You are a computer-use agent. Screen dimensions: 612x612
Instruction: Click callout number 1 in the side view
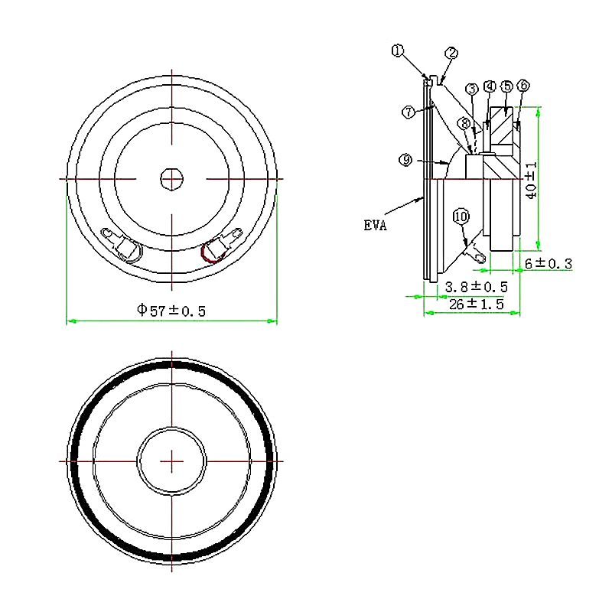click(x=397, y=51)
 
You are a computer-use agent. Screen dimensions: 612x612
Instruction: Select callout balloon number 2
click(x=451, y=53)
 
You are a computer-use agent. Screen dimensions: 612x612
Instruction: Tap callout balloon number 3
click(x=472, y=90)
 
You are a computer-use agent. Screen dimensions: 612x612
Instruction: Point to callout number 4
click(x=490, y=86)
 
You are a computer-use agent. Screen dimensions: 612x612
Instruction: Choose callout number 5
click(x=506, y=86)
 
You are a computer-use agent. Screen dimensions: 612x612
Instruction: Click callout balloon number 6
click(x=523, y=86)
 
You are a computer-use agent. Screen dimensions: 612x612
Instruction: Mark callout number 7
click(x=409, y=112)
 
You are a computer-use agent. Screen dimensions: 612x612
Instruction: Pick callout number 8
click(x=464, y=123)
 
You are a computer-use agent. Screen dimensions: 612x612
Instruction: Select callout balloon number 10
click(x=461, y=216)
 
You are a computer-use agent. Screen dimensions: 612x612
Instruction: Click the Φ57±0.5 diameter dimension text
click(x=171, y=310)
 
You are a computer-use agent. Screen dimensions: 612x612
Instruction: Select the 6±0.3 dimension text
click(x=548, y=264)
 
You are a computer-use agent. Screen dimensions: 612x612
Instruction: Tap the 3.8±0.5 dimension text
click(x=476, y=286)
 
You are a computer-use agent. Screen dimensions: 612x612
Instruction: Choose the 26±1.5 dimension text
click(x=476, y=304)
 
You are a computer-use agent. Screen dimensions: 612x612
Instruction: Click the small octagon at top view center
click(x=171, y=179)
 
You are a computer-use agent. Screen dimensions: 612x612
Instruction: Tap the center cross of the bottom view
click(x=173, y=461)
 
